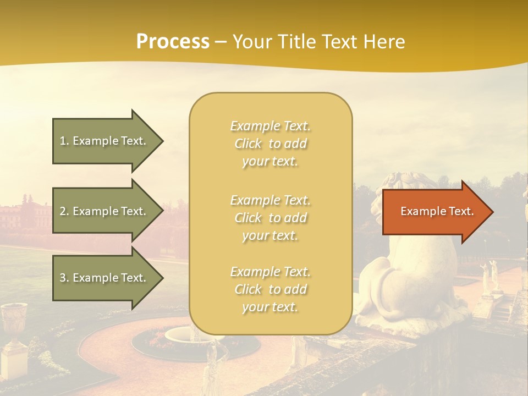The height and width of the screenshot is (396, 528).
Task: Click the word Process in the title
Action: click(x=173, y=42)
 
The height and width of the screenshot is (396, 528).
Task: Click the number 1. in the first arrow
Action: click(x=64, y=141)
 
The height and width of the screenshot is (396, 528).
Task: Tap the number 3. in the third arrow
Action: click(x=64, y=278)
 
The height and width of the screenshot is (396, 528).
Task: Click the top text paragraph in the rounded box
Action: click(x=270, y=144)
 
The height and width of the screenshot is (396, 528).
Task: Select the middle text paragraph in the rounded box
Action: click(x=270, y=218)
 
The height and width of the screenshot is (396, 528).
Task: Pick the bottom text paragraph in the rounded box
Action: click(x=270, y=289)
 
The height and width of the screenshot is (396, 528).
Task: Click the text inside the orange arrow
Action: click(x=437, y=211)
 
